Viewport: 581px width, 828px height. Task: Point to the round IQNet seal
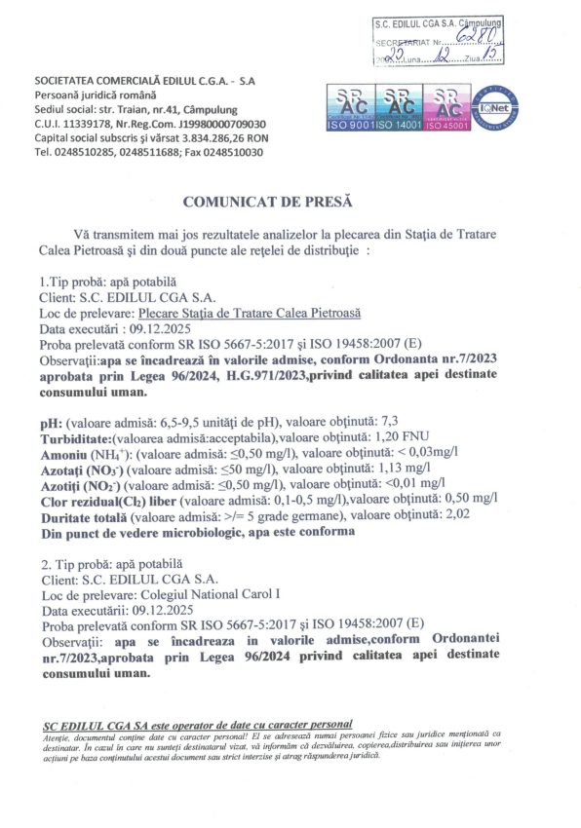click(x=494, y=108)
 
